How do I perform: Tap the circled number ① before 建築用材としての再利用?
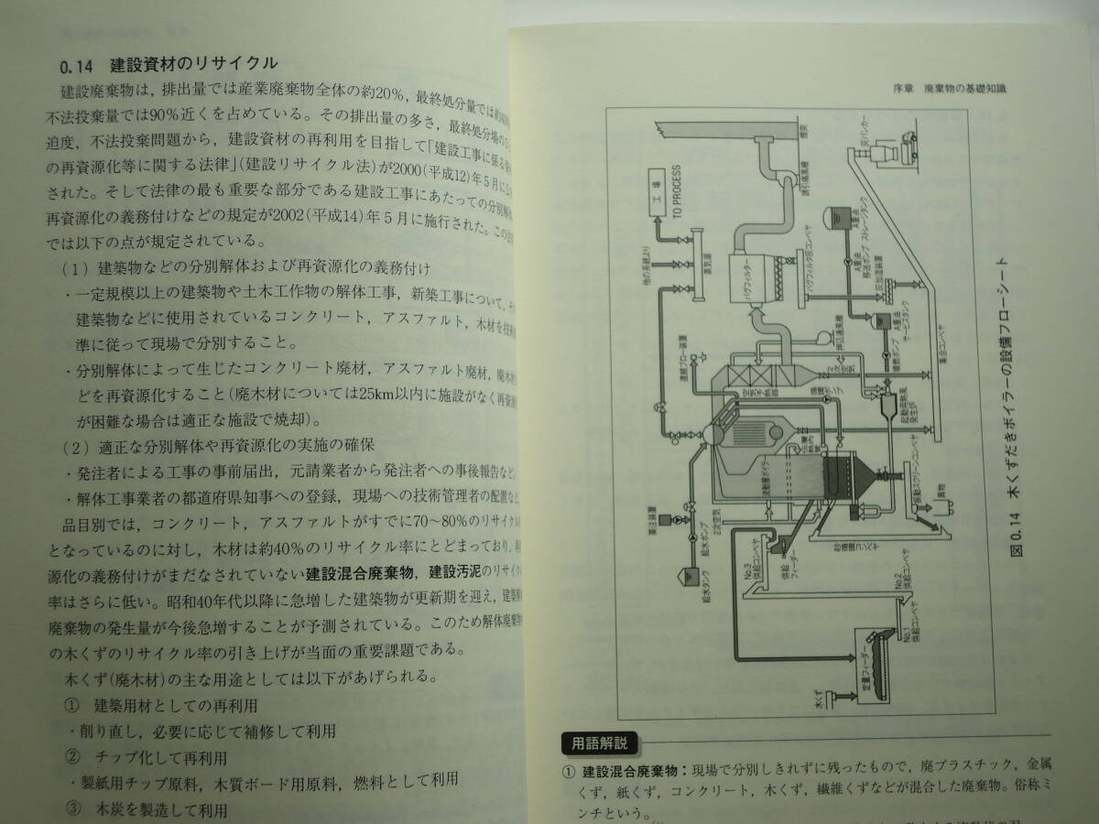click(73, 705)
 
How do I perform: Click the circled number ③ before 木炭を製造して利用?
click(73, 809)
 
